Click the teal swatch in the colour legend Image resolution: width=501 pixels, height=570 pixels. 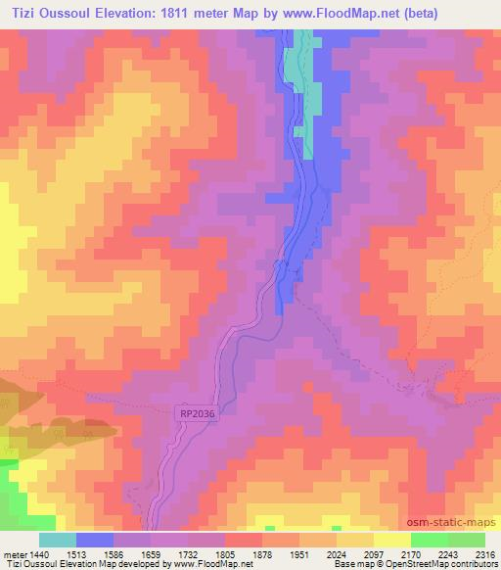click(x=58, y=541)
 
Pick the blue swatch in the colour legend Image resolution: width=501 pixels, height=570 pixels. click(x=95, y=541)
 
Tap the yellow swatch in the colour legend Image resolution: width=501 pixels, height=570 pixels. click(x=392, y=541)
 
